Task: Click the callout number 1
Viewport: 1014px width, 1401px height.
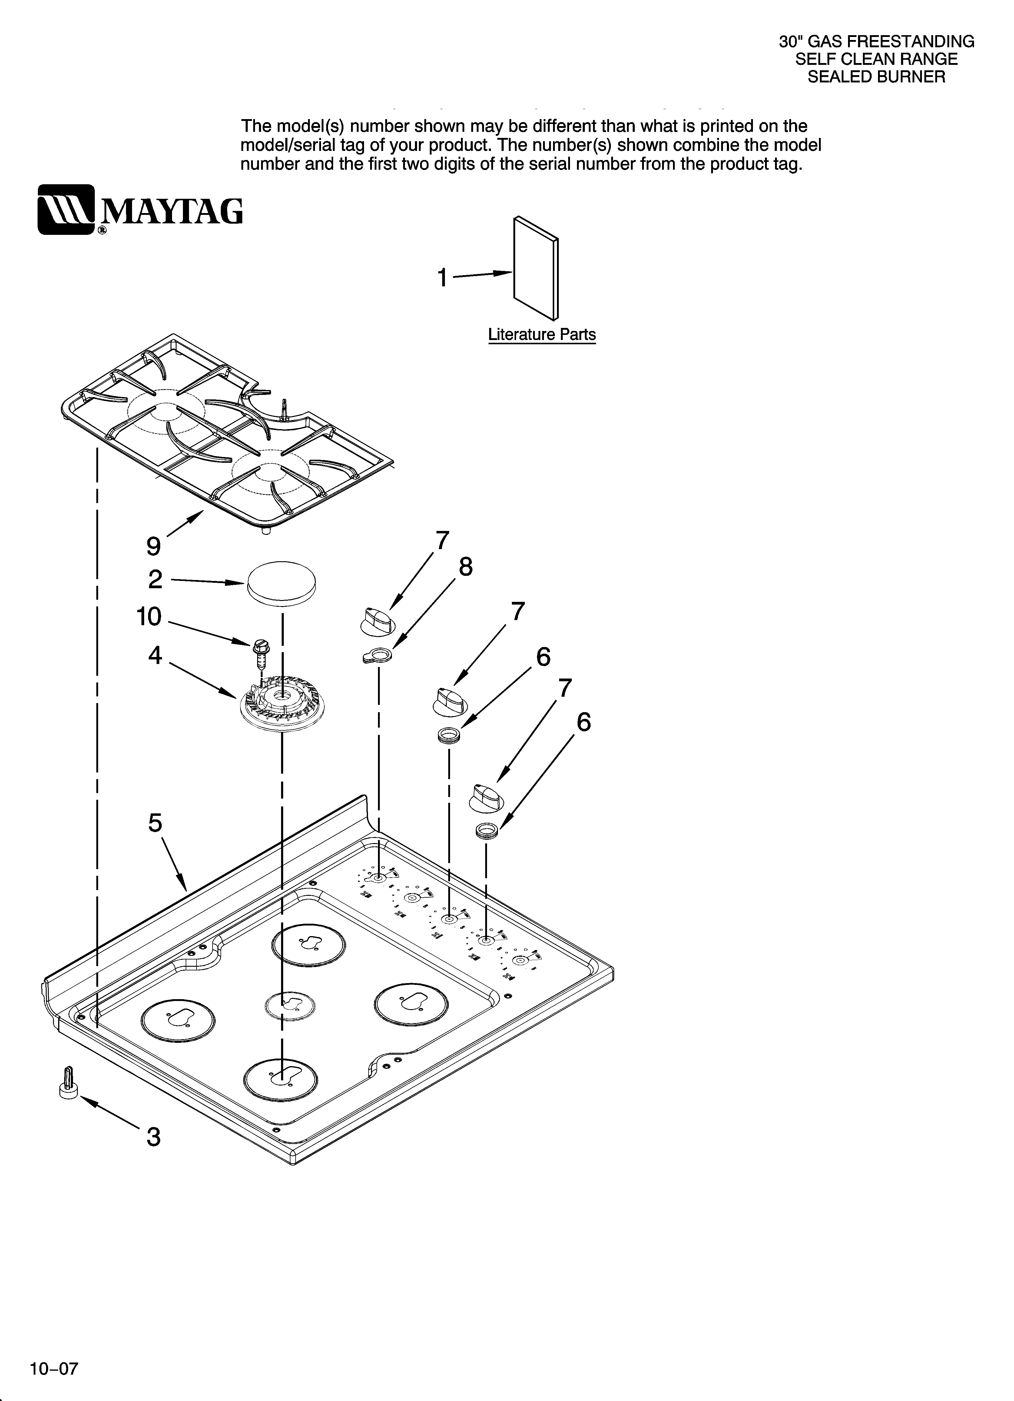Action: click(x=442, y=278)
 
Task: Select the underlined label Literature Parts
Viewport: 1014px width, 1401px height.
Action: click(x=542, y=335)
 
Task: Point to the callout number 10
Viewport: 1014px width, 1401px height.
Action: click(x=149, y=616)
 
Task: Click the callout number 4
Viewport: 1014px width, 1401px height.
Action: click(x=155, y=655)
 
